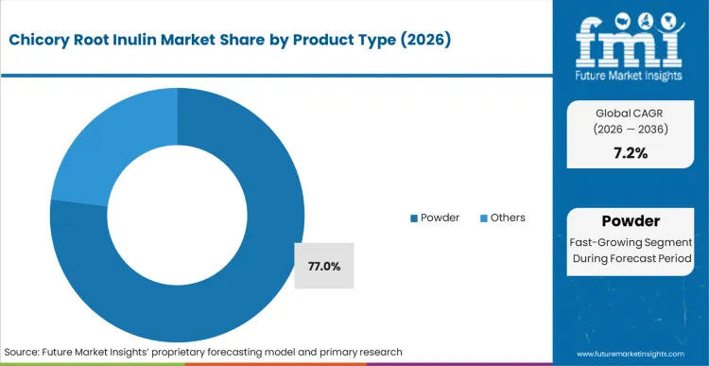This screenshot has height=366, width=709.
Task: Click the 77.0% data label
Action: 324,267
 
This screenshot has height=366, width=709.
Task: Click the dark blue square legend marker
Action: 413,218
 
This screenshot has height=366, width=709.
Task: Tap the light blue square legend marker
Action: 484,218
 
